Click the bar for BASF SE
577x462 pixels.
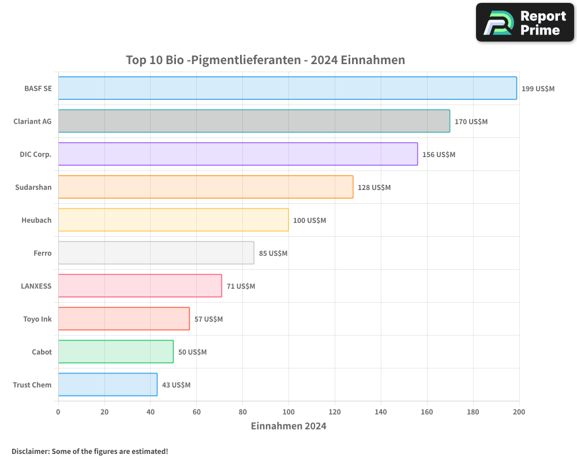pos(287,88)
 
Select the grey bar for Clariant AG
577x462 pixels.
pos(254,121)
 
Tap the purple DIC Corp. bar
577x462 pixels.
pos(238,154)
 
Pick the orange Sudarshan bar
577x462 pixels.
pos(205,187)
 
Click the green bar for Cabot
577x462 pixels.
pos(115,352)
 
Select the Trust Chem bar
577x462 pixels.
pos(107,385)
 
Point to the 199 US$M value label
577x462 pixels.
pos(538,89)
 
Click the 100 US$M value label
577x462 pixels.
pos(309,221)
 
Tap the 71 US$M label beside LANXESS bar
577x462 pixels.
pos(241,286)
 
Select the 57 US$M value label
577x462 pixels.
pos(208,319)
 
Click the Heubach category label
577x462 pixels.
pos(36,220)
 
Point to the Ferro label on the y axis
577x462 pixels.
pos(43,253)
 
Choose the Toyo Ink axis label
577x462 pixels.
pos(38,319)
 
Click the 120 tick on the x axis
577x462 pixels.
pos(335,412)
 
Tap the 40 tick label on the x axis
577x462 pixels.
pos(150,412)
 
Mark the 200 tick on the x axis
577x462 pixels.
pos(519,412)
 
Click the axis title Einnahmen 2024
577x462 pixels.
pos(288,426)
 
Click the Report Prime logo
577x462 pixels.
pos(525,23)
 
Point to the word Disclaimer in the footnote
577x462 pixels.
pos(30,451)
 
